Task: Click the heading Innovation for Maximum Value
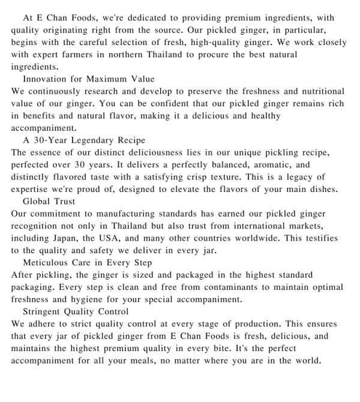click(88, 79)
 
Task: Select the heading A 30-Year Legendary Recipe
click(84, 140)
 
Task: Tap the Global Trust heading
click(49, 201)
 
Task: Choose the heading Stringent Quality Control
click(75, 311)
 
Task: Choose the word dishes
click(323, 189)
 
